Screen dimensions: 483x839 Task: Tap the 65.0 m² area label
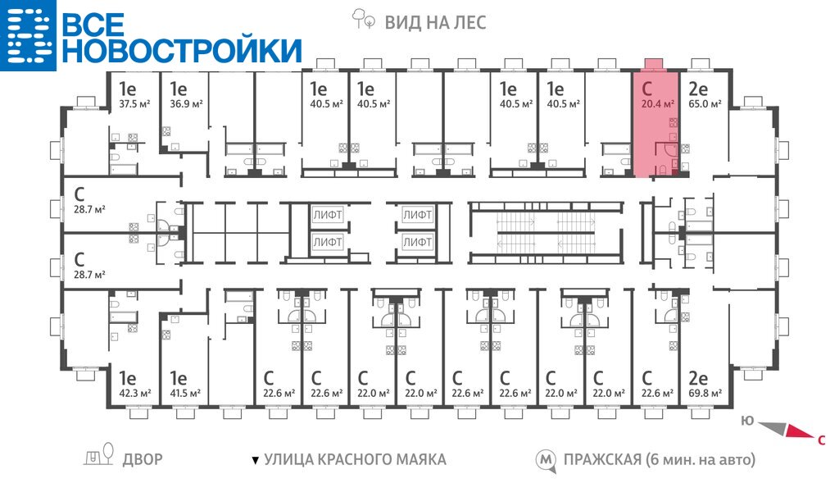click(x=705, y=104)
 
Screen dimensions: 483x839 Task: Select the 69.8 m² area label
click(x=705, y=394)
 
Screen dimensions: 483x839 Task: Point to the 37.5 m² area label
click(x=135, y=104)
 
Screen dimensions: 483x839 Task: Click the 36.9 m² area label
click(x=185, y=104)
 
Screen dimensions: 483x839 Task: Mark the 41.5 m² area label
click(x=185, y=394)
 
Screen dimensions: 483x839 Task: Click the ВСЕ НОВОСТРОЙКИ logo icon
click(x=26, y=34)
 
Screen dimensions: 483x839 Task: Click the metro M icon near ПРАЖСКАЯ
click(x=545, y=459)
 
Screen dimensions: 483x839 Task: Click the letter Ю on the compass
click(x=746, y=420)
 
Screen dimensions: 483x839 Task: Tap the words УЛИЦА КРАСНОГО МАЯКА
click(x=355, y=459)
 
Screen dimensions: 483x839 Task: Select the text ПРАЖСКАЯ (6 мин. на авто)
click(x=659, y=459)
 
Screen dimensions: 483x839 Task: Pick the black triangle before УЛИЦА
click(x=255, y=460)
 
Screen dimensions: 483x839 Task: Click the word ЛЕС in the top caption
click(x=469, y=22)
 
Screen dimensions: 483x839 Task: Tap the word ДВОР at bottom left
click(x=143, y=459)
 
